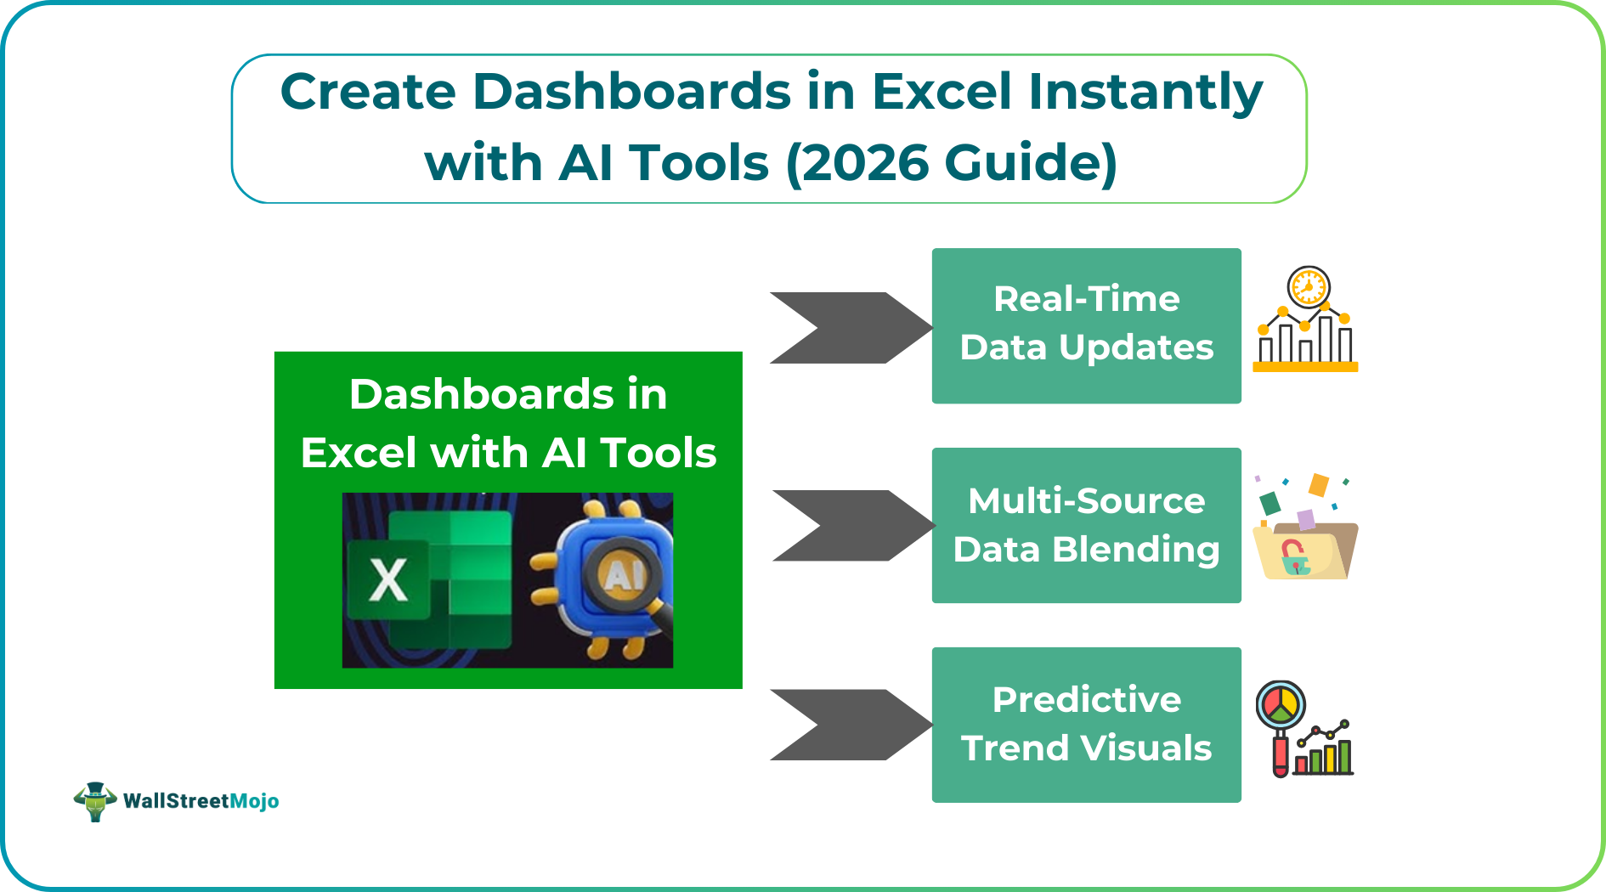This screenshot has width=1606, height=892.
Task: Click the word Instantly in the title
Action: click(x=1145, y=92)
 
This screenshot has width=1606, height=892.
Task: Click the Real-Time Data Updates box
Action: click(x=1086, y=325)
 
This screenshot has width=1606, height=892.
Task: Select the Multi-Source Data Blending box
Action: click(x=1086, y=525)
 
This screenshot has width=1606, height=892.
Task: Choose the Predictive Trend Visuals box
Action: click(x=1086, y=724)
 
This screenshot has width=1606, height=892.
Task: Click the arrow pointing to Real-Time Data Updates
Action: click(x=850, y=328)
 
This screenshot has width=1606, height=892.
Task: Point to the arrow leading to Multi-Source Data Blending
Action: click(x=852, y=526)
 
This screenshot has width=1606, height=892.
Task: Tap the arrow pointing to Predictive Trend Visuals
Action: click(x=850, y=725)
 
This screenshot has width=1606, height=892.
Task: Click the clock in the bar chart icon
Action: click(x=1308, y=287)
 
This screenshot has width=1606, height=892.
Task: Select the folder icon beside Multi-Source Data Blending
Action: click(x=1306, y=550)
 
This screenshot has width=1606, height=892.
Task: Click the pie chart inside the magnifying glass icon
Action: click(x=1280, y=703)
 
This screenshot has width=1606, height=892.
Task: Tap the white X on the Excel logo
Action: click(x=388, y=581)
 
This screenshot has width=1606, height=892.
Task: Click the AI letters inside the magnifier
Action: click(x=623, y=577)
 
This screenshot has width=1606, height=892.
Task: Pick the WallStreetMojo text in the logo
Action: click(x=201, y=801)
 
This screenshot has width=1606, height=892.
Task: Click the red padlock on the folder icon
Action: click(x=1293, y=556)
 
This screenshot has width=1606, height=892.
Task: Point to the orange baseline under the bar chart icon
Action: click(x=1305, y=367)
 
